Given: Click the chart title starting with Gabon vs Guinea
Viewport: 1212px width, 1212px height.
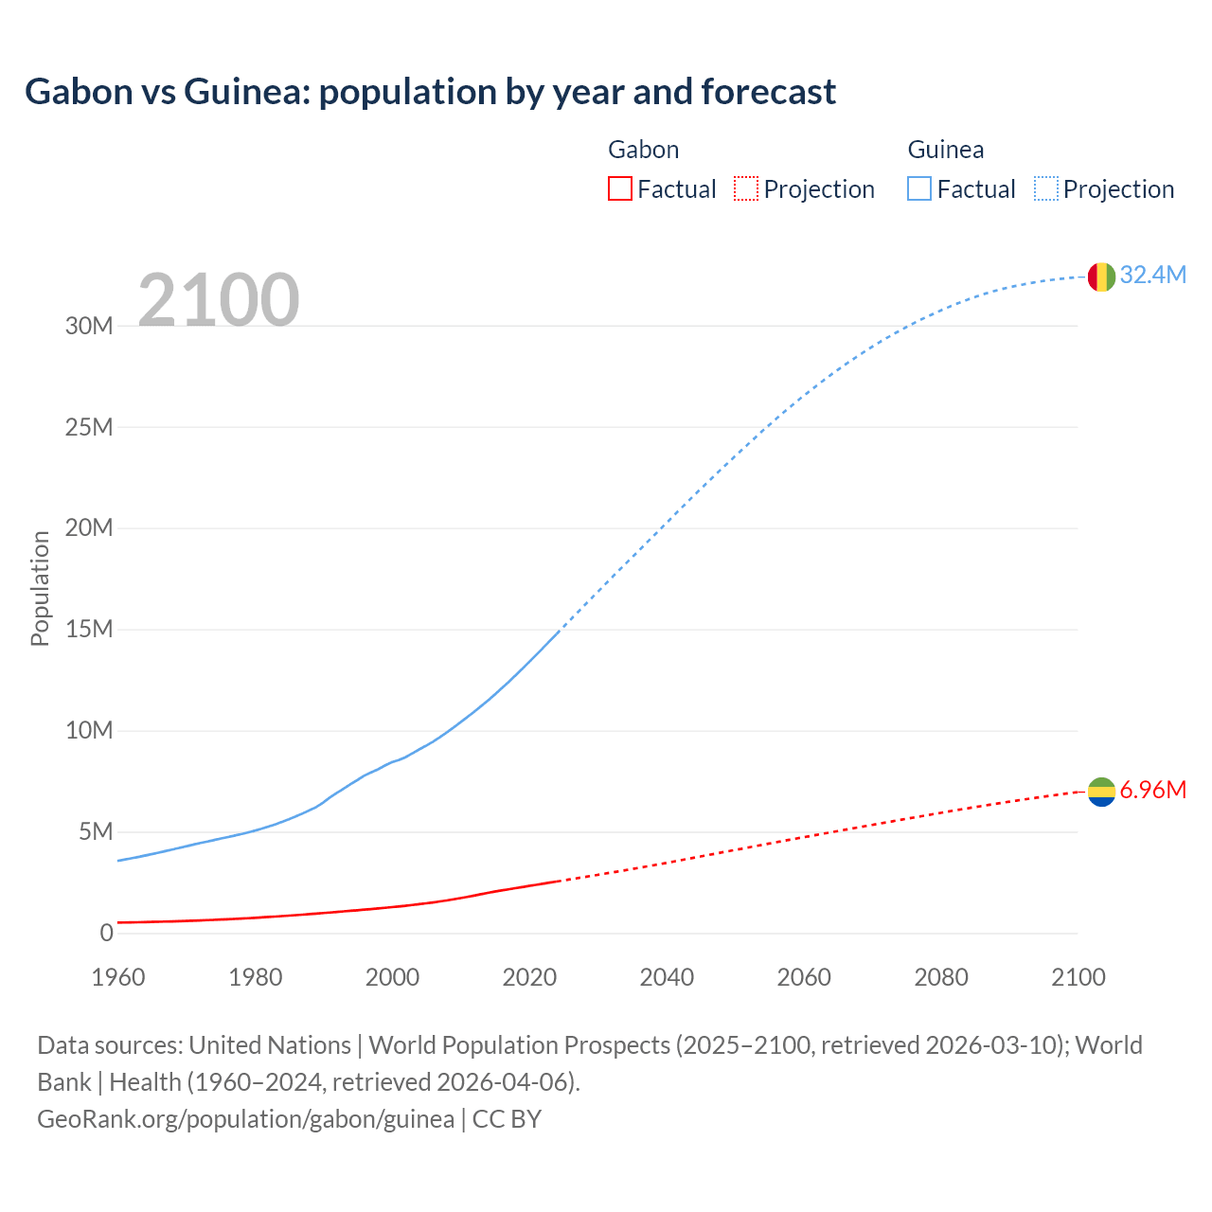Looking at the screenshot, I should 430,92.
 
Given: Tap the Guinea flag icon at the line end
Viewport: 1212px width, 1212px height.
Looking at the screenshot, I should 1101,276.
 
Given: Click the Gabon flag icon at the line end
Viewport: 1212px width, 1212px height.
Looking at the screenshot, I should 1101,792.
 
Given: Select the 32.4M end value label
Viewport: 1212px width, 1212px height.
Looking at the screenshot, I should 1152,275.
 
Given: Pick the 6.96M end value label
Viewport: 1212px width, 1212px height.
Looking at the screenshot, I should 1152,790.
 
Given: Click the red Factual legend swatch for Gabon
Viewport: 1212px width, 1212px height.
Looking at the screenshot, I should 619,189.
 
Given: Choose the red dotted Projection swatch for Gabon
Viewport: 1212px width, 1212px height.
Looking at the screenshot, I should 746,189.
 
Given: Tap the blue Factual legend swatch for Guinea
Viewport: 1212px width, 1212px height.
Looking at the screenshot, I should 919,189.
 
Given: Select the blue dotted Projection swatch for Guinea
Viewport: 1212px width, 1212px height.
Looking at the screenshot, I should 1046,189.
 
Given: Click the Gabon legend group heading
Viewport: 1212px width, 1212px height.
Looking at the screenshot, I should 643,150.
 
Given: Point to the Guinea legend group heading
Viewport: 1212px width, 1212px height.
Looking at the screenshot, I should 945,150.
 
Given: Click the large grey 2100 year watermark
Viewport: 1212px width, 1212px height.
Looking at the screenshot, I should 219,300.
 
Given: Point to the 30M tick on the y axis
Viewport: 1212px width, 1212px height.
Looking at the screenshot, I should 89,326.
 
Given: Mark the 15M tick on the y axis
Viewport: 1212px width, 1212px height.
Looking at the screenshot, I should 89,630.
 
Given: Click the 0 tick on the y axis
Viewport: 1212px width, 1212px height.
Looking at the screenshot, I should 106,933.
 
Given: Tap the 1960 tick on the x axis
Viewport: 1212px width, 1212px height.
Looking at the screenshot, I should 118,977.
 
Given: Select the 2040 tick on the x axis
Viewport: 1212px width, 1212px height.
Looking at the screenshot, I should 667,977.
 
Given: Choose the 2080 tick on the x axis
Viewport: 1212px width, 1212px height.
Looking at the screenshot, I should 941,977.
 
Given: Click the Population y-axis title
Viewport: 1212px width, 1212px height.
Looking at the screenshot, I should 40,588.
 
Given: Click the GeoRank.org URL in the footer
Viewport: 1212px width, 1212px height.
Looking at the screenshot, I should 245,1119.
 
